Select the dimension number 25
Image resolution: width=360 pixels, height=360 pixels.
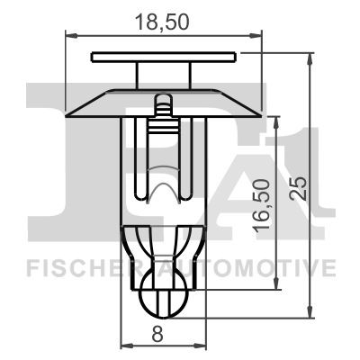(x=300, y=186)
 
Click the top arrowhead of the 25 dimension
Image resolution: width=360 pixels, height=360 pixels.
(x=311, y=57)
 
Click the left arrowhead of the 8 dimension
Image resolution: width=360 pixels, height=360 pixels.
(x=125, y=346)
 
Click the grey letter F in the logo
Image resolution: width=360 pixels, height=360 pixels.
(x=54, y=153)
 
